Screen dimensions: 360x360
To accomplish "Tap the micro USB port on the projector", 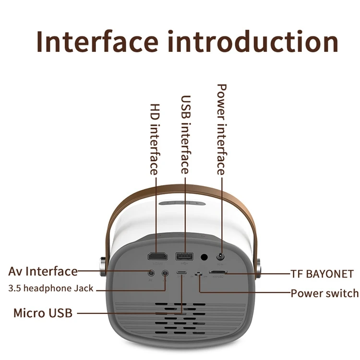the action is point(182,274).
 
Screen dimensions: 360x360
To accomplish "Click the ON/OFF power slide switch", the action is point(197,274).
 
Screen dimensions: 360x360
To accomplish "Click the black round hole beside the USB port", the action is point(204,257).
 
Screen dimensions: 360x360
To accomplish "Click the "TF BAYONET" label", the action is point(322,275).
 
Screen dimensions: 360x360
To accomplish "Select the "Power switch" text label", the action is point(324,293).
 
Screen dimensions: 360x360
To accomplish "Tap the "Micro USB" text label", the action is point(43,313).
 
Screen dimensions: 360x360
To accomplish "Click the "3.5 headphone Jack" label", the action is point(51,288).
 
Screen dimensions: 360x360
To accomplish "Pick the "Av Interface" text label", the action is point(43,271).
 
